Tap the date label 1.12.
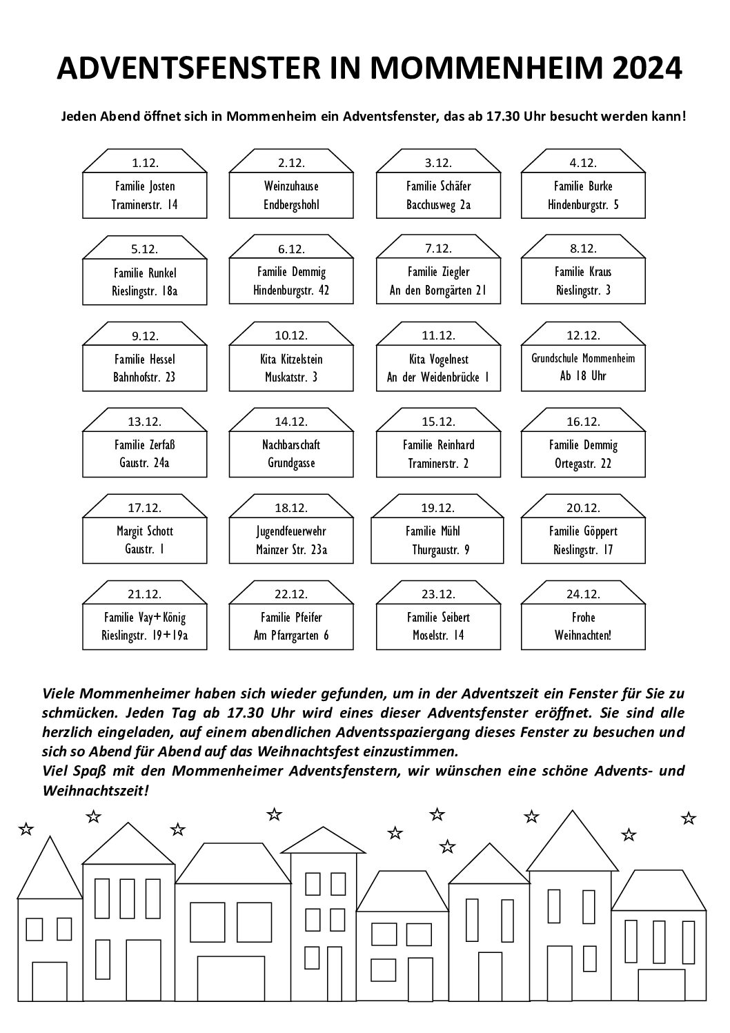145,163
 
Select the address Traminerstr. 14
145,204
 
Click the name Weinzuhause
291,186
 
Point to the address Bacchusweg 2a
439,204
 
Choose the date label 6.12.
291,249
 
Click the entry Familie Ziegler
439,272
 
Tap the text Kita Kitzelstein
291,360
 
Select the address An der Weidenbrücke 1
439,377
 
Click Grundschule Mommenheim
583,358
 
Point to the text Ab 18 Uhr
583,376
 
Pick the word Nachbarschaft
291,445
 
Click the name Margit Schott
145,531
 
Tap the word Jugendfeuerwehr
291,531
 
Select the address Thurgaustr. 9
441,550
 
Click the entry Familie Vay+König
145,618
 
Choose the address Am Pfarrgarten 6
291,636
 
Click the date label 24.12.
583,594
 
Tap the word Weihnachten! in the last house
583,636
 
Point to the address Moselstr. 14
439,636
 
